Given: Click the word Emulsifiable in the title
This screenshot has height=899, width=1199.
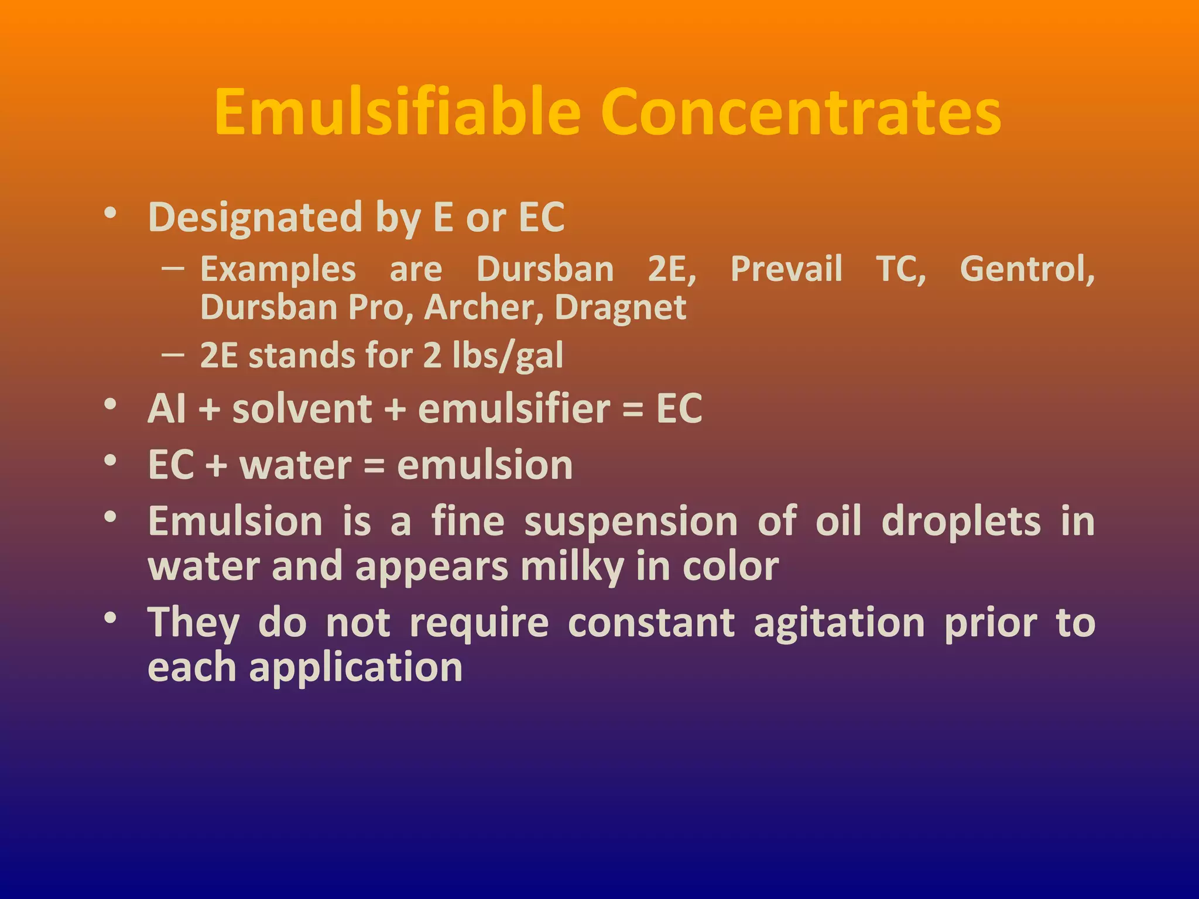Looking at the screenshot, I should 397,112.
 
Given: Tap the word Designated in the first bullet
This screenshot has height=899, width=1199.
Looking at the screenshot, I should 255,218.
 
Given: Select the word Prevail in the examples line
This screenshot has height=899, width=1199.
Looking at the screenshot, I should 786,269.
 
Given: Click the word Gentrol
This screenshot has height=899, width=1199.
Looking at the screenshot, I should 1027,269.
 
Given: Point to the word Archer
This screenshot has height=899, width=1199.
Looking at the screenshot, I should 484,308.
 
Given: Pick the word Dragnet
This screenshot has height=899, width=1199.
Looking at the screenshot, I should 620,308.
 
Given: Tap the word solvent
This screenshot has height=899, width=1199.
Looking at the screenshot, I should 302,409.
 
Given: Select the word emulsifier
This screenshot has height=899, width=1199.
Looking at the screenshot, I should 514,409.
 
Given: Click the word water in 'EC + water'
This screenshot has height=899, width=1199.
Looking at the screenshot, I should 296,465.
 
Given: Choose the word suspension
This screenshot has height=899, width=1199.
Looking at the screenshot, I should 631,521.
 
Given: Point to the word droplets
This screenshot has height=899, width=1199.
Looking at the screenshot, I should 961,521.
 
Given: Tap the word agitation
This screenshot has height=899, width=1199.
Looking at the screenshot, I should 839,623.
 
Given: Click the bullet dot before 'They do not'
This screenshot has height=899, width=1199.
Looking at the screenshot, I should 110,617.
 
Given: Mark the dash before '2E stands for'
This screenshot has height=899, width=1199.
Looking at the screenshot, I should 173,355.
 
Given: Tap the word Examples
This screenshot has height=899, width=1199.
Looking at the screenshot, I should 278,269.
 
